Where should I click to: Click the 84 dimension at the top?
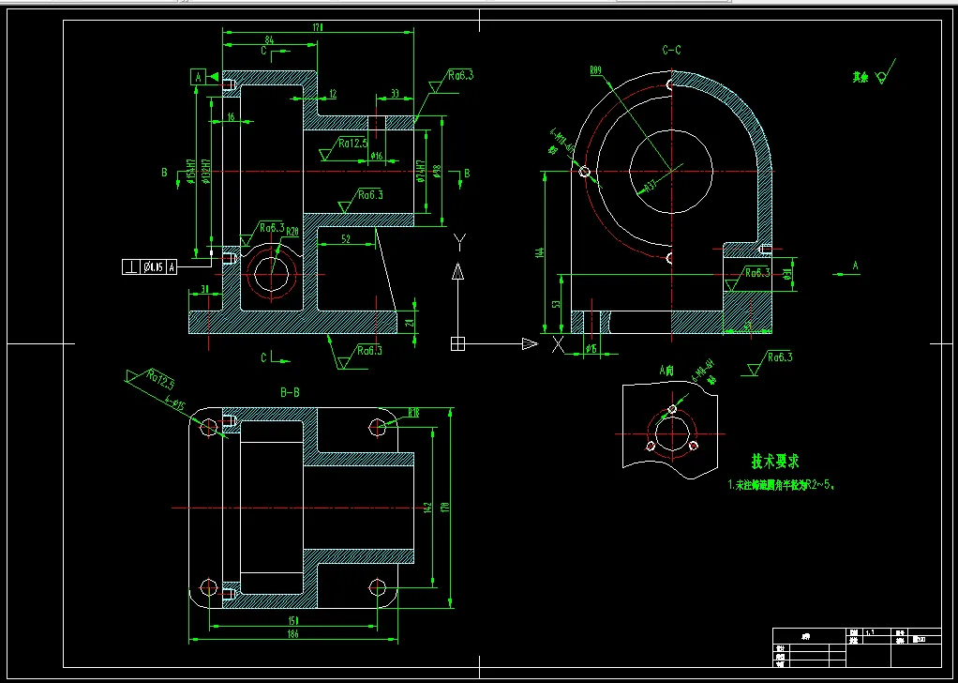[x=270, y=40]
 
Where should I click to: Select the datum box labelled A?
[x=198, y=77]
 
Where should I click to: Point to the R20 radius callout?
[x=292, y=232]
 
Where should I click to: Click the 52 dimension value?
[x=345, y=239]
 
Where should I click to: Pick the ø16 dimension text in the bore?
[x=377, y=156]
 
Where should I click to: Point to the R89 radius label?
[x=595, y=70]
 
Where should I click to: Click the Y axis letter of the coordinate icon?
[x=458, y=242]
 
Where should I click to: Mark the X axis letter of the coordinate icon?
[x=559, y=344]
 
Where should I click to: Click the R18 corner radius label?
[x=412, y=413]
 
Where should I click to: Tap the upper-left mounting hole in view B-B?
[x=209, y=428]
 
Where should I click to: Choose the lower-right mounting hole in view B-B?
[x=378, y=588]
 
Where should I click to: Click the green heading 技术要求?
[x=774, y=462]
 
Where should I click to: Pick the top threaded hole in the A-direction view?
[x=672, y=410]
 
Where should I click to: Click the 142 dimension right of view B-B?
[x=427, y=508]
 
